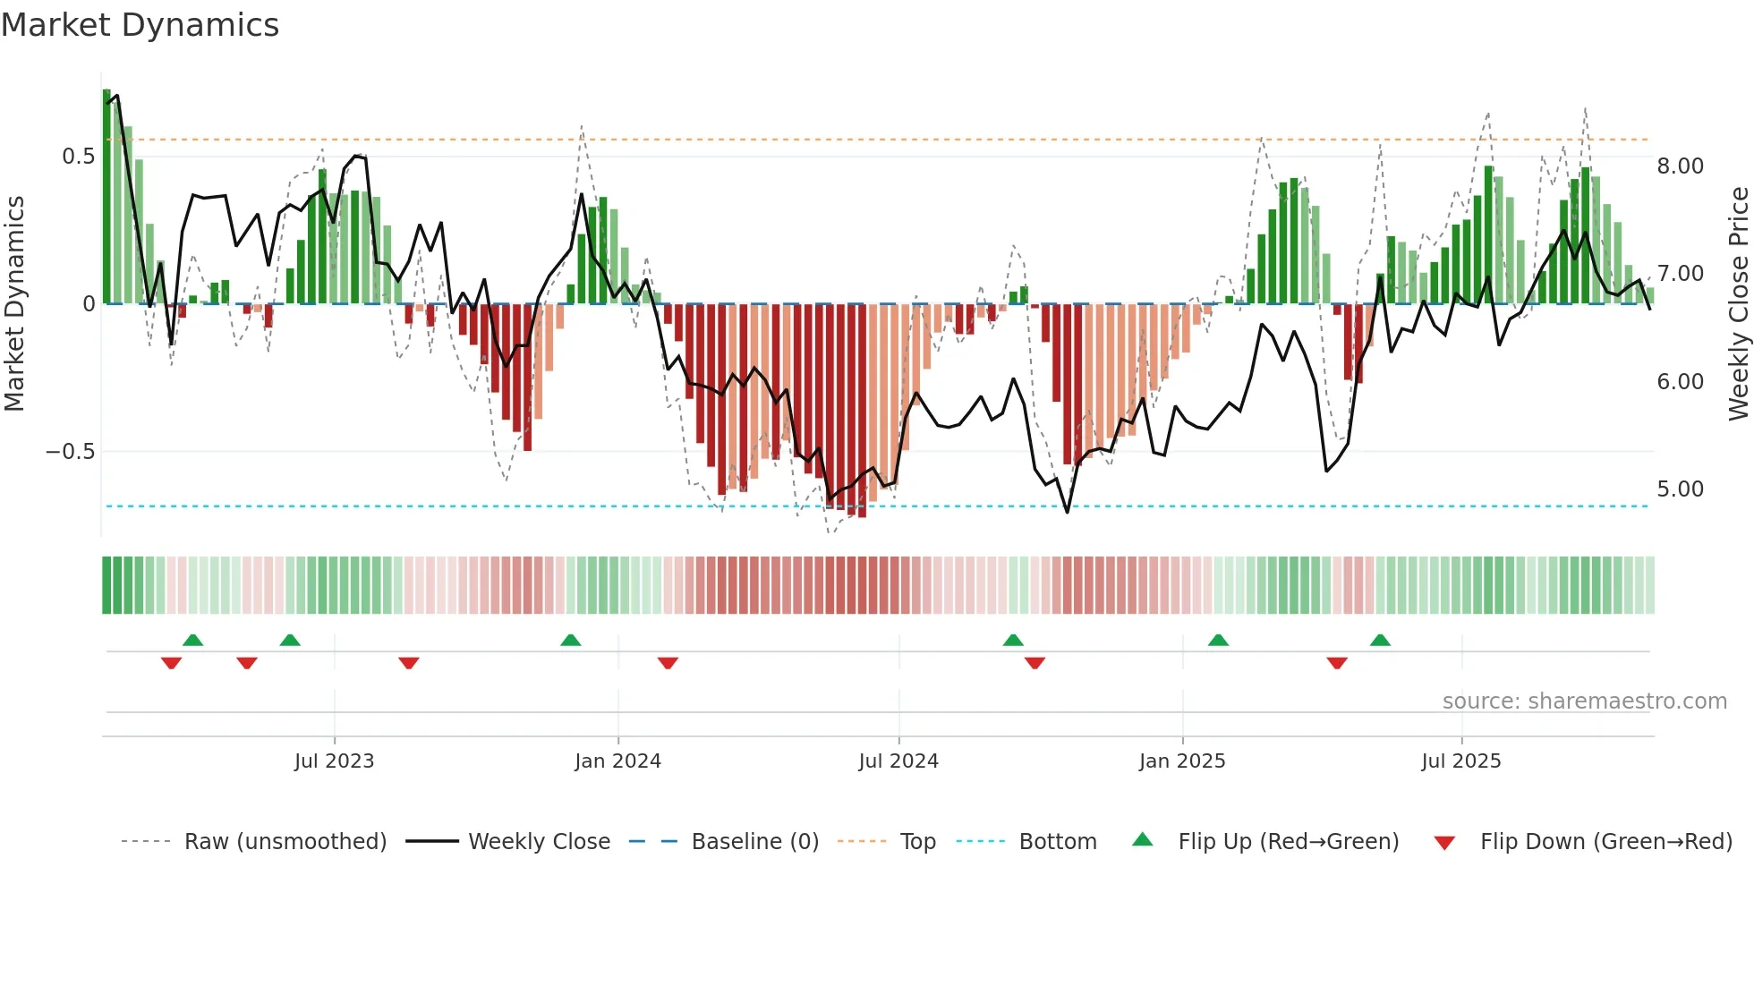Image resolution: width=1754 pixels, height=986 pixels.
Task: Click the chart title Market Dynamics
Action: (140, 25)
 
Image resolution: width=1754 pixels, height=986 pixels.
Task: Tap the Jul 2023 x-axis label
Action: (334, 761)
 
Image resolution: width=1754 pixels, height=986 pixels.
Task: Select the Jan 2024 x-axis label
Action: (617, 761)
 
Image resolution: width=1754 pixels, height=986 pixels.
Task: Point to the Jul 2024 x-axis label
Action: (898, 761)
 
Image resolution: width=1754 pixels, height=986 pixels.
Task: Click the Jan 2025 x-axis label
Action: (1182, 761)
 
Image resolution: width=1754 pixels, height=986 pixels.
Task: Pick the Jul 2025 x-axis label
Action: (1461, 761)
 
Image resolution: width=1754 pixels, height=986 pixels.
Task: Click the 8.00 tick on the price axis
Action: (1680, 166)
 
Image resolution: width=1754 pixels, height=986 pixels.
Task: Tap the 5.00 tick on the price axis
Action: (1680, 489)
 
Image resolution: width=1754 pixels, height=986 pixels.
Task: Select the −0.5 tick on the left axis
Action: (71, 452)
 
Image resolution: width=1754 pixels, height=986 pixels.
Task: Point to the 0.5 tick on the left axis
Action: (78, 157)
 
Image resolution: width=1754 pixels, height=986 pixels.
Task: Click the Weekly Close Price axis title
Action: (1738, 304)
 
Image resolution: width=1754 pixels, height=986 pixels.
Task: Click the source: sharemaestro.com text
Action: (1584, 701)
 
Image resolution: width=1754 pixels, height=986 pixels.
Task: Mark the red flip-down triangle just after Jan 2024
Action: (668, 663)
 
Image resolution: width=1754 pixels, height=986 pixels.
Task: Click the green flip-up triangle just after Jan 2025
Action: (1218, 640)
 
